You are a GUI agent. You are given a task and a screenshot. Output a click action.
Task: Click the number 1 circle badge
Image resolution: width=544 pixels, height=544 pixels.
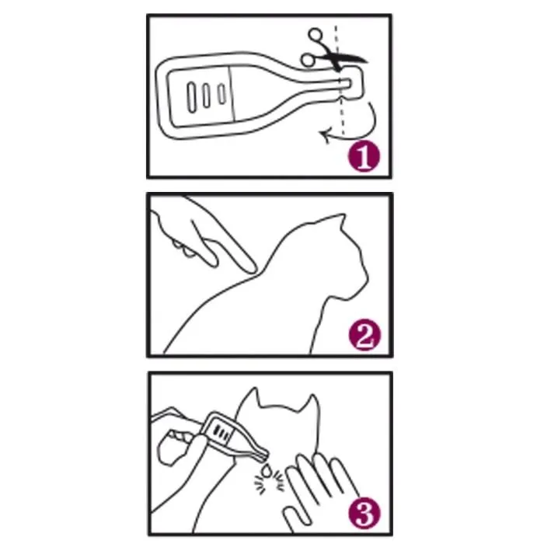[364, 157]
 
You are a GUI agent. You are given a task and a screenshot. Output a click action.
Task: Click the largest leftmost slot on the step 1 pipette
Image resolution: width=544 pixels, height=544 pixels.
[192, 95]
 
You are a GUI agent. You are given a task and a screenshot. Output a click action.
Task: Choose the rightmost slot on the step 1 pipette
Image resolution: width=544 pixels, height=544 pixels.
[222, 95]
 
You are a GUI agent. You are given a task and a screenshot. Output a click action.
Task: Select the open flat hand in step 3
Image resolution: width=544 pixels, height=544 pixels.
[315, 486]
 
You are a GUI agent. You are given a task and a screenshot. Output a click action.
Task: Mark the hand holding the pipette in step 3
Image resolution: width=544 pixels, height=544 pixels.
[179, 459]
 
